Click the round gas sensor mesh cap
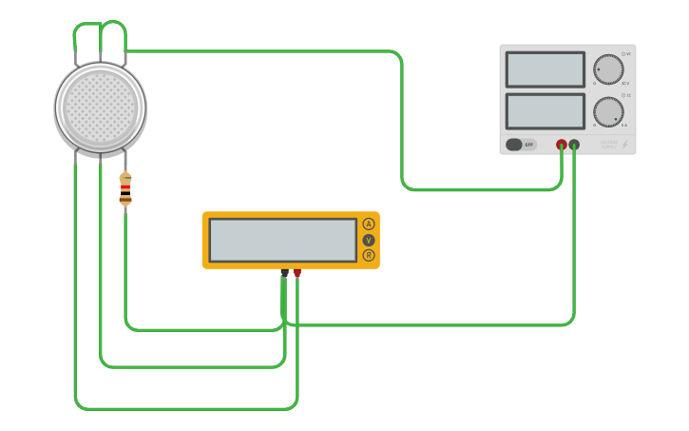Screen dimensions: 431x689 tap(100, 107)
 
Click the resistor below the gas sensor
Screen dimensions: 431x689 tap(125, 188)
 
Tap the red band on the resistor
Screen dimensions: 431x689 tap(125, 188)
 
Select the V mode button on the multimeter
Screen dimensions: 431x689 tap(369, 240)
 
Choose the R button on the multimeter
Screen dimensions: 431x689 tap(369, 255)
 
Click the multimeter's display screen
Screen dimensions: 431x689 tap(282, 240)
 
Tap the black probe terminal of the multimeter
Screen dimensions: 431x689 tap(284, 274)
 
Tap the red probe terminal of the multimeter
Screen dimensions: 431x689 tap(297, 274)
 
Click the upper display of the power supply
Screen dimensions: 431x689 tap(545, 69)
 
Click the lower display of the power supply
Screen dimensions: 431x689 tap(545, 110)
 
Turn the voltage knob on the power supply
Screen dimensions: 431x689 tap(608, 69)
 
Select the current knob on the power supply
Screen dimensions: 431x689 tap(608, 111)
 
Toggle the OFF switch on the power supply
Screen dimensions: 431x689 tap(521, 145)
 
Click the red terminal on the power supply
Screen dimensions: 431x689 tap(562, 145)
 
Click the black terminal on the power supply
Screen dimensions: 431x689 tap(574, 145)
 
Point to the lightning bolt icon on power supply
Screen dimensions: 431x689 tap(624, 145)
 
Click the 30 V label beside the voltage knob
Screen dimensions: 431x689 tap(625, 84)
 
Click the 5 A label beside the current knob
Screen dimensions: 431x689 tap(624, 126)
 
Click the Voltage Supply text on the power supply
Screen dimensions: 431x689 tap(608, 145)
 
